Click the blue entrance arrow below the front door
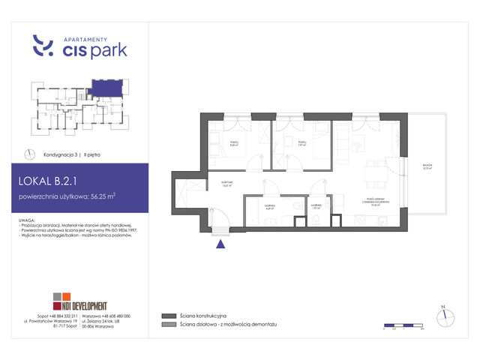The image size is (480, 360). click(x=220, y=242)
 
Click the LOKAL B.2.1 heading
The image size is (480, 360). click(x=55, y=181)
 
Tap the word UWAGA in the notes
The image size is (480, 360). click(x=32, y=219)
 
